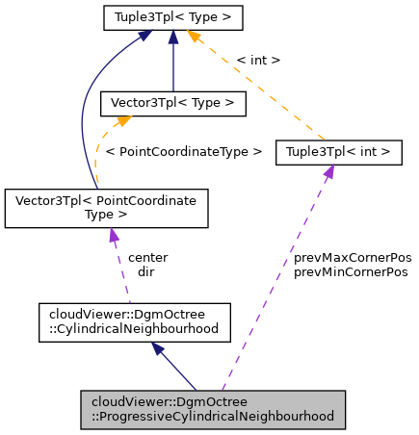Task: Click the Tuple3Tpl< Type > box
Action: click(172, 17)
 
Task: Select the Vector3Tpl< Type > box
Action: click(172, 101)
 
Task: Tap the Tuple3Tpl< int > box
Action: click(338, 152)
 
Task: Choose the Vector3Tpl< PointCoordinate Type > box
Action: click(106, 209)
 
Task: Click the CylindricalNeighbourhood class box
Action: click(134, 321)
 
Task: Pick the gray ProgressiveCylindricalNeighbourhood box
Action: click(211, 410)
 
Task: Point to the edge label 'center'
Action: click(147, 257)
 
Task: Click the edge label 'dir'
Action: click(145, 271)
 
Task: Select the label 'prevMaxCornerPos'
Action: click(352, 258)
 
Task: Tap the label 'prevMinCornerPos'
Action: click(351, 272)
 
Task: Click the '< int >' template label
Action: click(257, 60)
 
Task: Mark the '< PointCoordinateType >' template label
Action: click(183, 152)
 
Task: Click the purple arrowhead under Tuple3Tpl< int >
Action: click(328, 171)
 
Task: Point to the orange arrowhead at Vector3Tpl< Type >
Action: click(123, 120)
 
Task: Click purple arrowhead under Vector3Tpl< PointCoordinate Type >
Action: click(114, 236)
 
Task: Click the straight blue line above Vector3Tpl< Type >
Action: click(172, 63)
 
